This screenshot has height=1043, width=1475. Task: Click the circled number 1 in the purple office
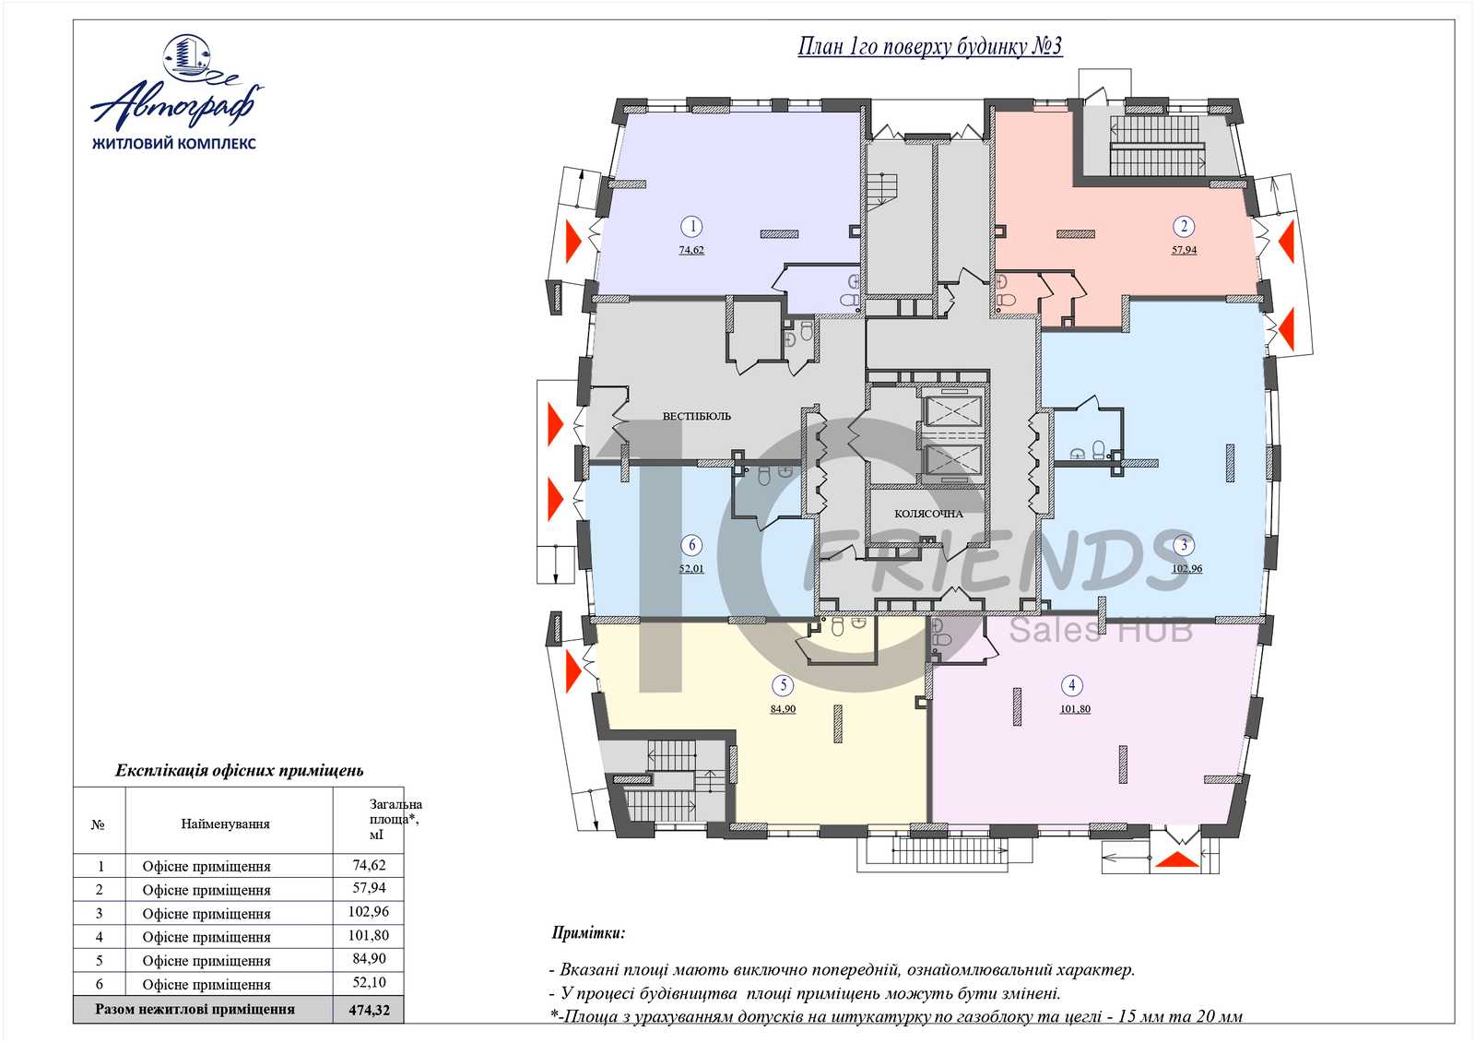(691, 227)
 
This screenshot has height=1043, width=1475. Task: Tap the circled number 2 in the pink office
(1184, 227)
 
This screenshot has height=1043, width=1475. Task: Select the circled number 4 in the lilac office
(1072, 685)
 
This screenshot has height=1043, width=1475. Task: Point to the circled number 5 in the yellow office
(783, 685)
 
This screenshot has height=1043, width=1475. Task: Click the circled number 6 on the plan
(691, 545)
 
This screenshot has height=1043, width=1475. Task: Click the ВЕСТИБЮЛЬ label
(697, 417)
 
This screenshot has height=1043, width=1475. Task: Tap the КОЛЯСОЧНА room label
(928, 514)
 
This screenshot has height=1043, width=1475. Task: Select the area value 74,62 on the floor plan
(691, 250)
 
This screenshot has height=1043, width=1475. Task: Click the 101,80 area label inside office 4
(1075, 709)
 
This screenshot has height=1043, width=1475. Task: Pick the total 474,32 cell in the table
(370, 1010)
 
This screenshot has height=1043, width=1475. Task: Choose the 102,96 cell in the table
(369, 912)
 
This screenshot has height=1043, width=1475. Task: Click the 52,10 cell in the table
(370, 982)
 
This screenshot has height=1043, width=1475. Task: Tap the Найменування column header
(225, 824)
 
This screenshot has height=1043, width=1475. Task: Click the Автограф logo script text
(176, 104)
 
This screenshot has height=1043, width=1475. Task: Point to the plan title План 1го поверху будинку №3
(930, 46)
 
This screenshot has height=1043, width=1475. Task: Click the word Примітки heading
(588, 933)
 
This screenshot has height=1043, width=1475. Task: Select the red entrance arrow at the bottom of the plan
(1179, 859)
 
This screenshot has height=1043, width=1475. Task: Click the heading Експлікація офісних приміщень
(239, 770)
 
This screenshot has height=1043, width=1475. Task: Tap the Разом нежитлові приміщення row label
(195, 1010)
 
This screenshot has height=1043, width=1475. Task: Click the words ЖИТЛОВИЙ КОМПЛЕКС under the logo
(174, 143)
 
